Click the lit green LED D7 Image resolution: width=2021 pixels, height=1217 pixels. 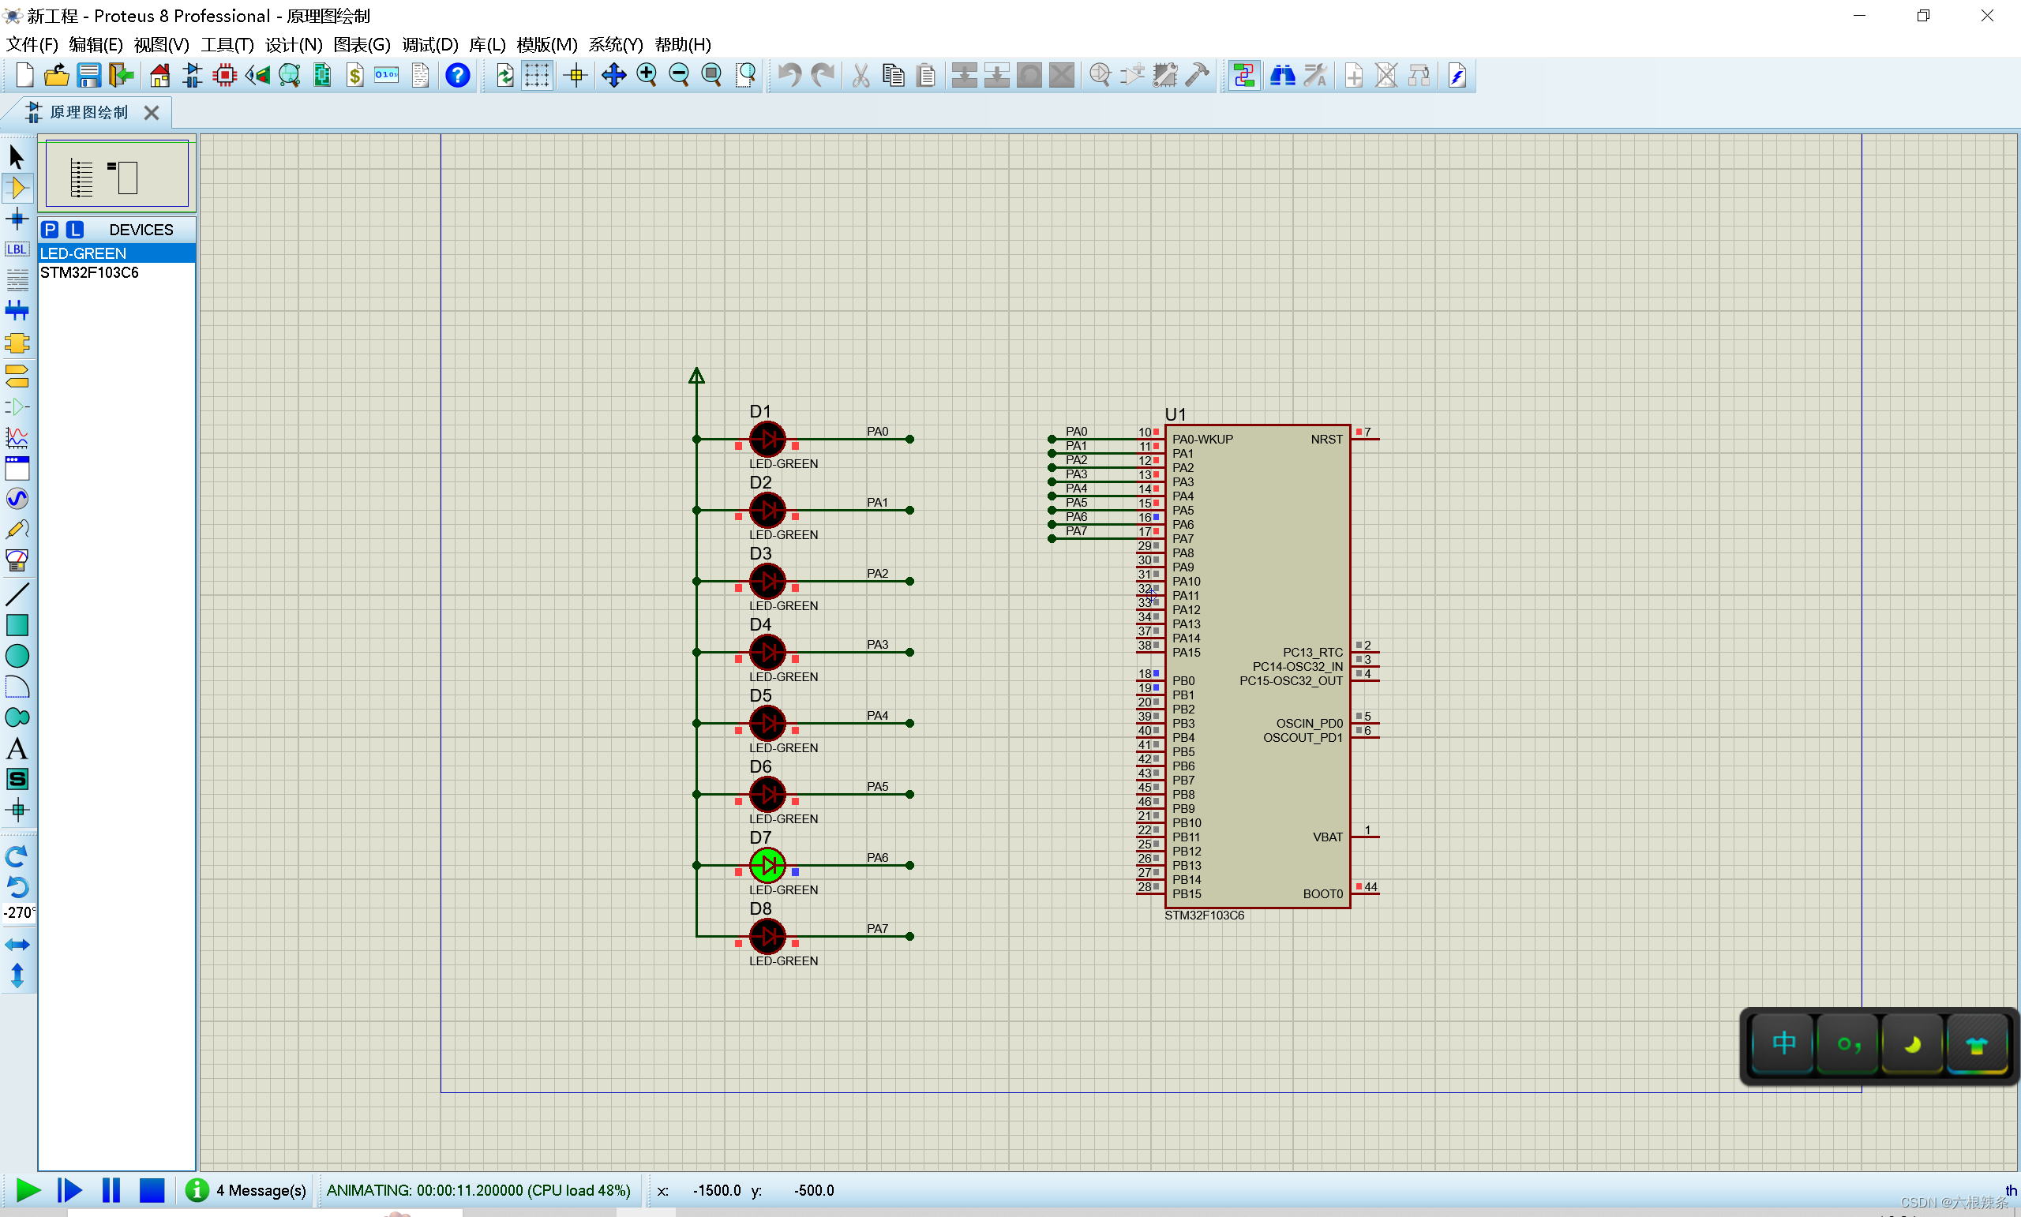point(767,864)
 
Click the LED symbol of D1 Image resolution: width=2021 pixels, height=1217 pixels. point(767,439)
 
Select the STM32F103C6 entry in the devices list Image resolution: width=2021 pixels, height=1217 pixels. point(88,272)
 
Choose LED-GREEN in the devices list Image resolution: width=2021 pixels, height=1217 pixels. point(83,253)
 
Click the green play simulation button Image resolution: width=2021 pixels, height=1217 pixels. point(27,1189)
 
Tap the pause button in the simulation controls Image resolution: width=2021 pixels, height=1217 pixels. point(111,1189)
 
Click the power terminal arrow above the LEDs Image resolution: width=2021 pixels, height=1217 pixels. point(696,376)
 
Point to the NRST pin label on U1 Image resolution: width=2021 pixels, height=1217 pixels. point(1325,440)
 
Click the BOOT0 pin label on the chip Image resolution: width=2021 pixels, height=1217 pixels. point(1322,894)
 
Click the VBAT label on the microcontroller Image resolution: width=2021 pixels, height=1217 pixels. point(1327,837)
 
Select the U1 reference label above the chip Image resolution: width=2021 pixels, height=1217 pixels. point(1175,414)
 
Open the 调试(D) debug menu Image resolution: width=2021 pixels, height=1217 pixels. point(429,44)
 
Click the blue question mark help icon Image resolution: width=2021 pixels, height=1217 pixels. point(457,76)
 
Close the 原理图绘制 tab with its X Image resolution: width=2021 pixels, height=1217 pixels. point(152,112)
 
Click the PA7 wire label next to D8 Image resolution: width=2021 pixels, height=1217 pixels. point(877,928)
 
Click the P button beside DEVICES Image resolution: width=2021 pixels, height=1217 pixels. point(50,230)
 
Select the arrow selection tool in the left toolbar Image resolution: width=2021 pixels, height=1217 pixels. point(17,155)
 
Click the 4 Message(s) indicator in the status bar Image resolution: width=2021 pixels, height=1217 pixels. point(260,1189)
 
